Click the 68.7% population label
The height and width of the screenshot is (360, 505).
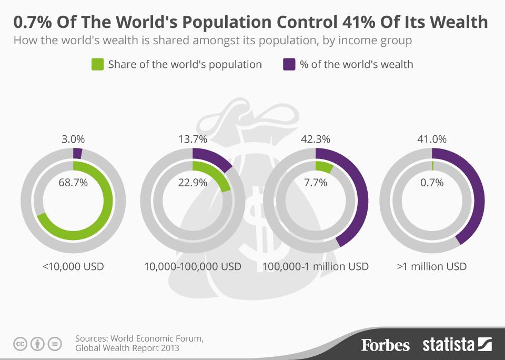(73, 183)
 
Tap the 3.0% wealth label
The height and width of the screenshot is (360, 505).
(73, 139)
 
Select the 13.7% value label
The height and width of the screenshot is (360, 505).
(193, 139)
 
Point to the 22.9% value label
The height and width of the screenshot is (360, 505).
(193, 183)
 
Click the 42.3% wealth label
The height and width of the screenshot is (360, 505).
(316, 139)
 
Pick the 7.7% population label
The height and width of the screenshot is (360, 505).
(316, 183)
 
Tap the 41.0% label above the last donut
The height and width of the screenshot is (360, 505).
(432, 139)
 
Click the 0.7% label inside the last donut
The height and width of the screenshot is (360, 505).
(432, 183)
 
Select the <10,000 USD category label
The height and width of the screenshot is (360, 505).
(73, 266)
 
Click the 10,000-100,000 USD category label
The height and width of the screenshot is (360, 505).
(193, 266)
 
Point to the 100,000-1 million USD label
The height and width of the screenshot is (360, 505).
(316, 266)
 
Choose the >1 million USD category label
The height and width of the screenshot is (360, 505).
(432, 266)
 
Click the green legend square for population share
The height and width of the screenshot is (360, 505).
(97, 64)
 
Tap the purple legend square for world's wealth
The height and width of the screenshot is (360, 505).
(289, 64)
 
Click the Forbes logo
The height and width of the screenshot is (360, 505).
(385, 345)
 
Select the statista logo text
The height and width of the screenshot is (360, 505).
(449, 345)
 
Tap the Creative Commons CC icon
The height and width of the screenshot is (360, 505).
(20, 344)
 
